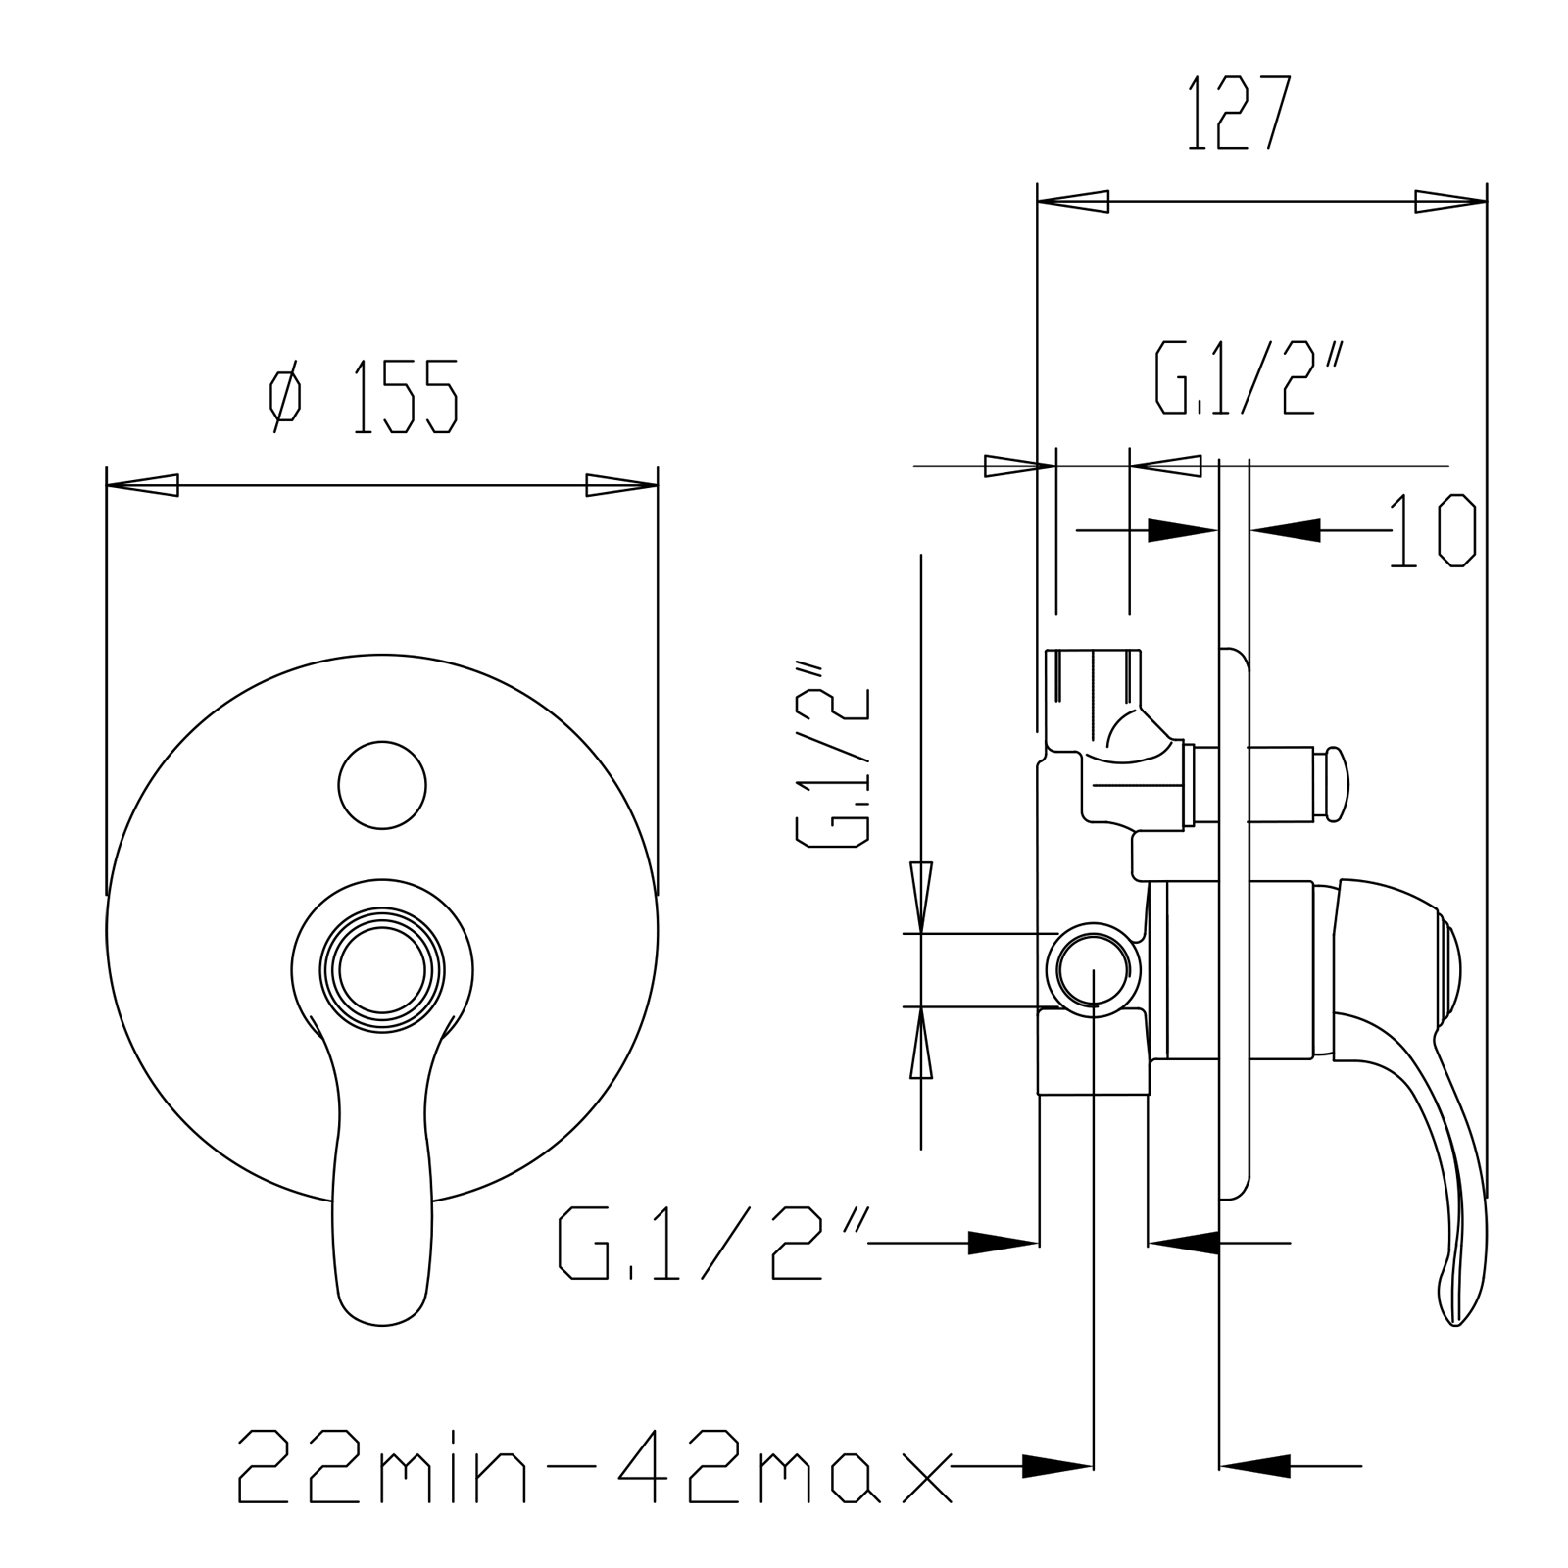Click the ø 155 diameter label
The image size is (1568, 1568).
pos(365,396)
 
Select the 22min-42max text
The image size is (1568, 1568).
pos(595,1466)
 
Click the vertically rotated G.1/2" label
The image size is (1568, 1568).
pos(832,753)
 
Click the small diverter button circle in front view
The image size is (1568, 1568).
pos(382,785)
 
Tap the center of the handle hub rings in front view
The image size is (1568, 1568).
pos(382,971)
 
